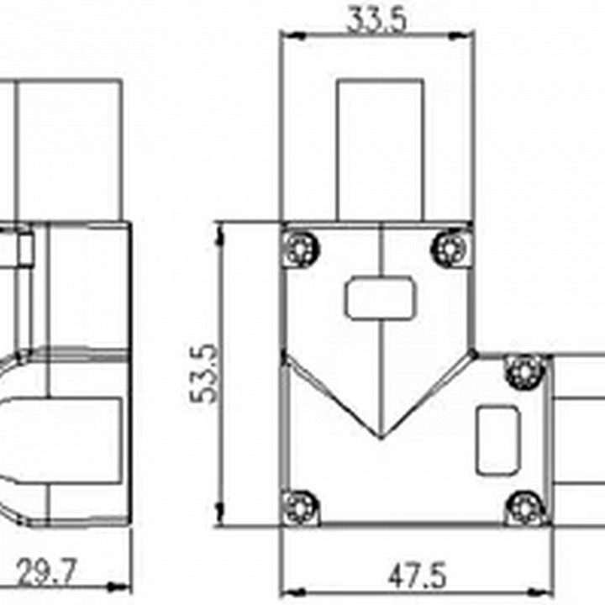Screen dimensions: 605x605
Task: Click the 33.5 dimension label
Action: point(376,19)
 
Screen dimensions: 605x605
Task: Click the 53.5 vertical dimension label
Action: point(204,373)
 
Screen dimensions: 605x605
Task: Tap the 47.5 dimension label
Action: point(417,576)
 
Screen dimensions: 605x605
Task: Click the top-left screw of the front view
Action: point(301,248)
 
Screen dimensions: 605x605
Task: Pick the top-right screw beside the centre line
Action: point(450,248)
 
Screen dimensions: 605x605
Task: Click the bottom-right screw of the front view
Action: point(524,508)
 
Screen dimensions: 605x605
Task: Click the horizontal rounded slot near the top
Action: point(381,297)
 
